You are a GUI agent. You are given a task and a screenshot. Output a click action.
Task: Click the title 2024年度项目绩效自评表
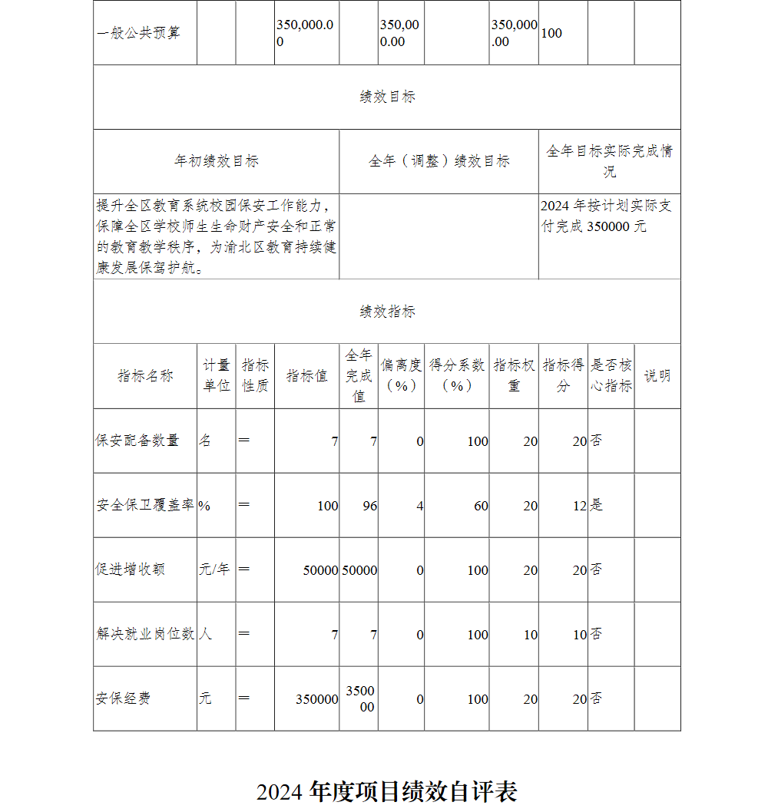pos(387,791)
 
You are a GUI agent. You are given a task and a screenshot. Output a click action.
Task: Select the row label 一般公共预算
pos(139,33)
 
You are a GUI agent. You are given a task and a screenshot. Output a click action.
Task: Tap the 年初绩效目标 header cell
pos(216,161)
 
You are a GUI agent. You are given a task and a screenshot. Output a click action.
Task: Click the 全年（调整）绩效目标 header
pos(439,161)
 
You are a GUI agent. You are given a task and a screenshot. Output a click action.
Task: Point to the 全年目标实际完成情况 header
pos(609,161)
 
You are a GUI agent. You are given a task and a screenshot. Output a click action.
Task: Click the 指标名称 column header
pos(145,376)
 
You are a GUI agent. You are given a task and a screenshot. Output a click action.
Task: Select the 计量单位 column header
pos(217,376)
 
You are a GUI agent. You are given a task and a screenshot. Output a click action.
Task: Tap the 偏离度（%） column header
pos(401,376)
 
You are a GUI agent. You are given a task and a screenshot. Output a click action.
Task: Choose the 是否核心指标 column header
pos(611,376)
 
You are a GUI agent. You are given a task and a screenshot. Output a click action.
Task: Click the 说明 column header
pos(657,376)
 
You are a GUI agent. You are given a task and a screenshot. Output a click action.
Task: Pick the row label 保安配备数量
pos(137,441)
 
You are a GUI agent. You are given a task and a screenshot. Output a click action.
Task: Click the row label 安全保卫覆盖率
pos(145,506)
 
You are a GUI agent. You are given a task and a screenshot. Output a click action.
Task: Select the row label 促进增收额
pos(131,569)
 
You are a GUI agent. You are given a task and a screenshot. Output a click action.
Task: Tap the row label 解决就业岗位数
pos(145,635)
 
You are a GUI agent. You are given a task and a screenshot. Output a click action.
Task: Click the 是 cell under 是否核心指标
pos(597,506)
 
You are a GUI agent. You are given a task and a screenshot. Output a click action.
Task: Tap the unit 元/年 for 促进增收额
pos(214,569)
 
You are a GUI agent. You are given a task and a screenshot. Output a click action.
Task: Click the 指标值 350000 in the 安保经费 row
pos(316,699)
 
